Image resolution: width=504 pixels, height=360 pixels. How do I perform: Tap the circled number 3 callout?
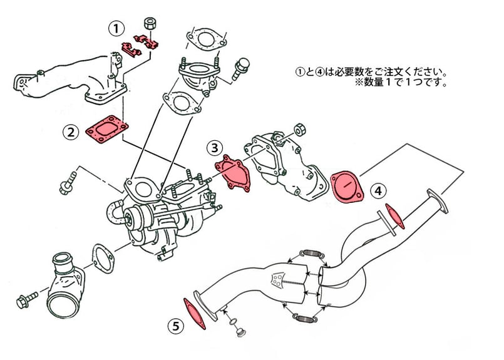(x=215, y=148)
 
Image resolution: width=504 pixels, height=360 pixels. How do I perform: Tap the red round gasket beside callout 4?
(x=347, y=186)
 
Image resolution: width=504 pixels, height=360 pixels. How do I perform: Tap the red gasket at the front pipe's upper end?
(x=395, y=216)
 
